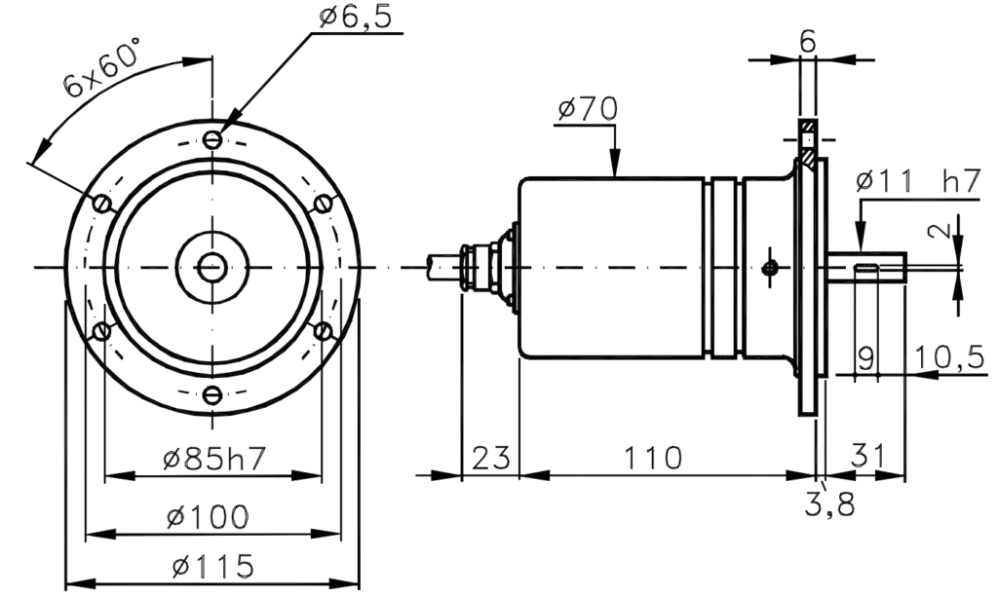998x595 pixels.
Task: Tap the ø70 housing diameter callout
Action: pyautogui.click(x=588, y=110)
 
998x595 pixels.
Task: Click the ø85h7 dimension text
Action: pyautogui.click(x=213, y=459)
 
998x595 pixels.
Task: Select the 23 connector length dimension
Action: pyautogui.click(x=491, y=457)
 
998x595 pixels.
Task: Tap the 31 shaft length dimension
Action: pyautogui.click(x=867, y=455)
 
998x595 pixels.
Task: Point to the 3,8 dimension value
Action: pyautogui.click(x=828, y=505)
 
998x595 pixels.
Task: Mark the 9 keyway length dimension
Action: pyautogui.click(x=864, y=356)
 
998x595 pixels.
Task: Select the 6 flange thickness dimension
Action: pyautogui.click(x=808, y=41)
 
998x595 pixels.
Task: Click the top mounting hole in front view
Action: pyautogui.click(x=213, y=140)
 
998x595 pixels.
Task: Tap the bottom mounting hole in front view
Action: pyautogui.click(x=213, y=394)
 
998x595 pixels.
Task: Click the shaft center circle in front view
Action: pyautogui.click(x=211, y=267)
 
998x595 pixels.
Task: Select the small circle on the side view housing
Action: pyautogui.click(x=770, y=267)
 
